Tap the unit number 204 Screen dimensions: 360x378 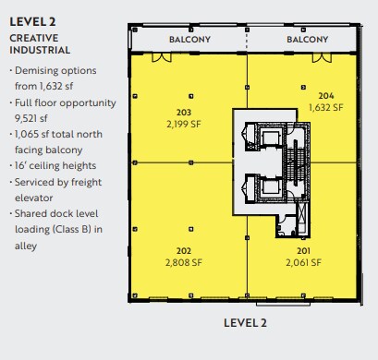(x=325, y=96)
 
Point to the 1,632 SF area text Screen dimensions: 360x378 (x=325, y=107)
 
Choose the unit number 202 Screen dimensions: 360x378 (x=183, y=251)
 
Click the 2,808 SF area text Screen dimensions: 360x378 (x=183, y=262)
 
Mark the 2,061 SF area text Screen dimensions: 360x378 (x=302, y=262)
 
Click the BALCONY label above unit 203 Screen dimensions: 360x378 (x=190, y=40)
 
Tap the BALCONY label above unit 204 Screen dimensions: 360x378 (x=307, y=40)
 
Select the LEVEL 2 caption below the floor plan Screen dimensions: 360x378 (x=245, y=323)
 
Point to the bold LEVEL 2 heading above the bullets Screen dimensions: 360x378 (x=35, y=22)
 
